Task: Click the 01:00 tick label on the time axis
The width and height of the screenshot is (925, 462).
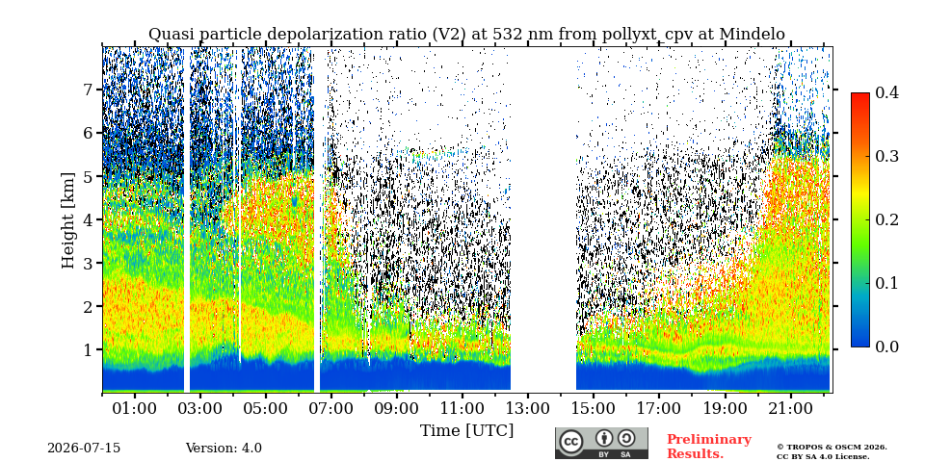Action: pyautogui.click(x=135, y=408)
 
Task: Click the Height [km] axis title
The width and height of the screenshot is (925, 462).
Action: pyautogui.click(x=68, y=220)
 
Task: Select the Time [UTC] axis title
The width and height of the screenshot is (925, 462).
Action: pyautogui.click(x=466, y=431)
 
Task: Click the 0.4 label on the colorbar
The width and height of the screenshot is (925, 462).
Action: pyautogui.click(x=886, y=92)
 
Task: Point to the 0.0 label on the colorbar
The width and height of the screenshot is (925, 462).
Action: pyautogui.click(x=886, y=346)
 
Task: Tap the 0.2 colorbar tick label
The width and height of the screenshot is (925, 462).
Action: pyautogui.click(x=886, y=219)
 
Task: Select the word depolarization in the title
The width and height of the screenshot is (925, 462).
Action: pyautogui.click(x=314, y=35)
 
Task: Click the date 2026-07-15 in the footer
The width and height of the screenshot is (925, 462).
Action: pyautogui.click(x=84, y=449)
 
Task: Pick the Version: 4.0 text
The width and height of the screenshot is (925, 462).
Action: pyautogui.click(x=224, y=449)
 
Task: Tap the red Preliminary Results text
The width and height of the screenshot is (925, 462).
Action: pyautogui.click(x=709, y=447)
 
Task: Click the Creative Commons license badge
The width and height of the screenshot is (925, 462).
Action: pyautogui.click(x=601, y=443)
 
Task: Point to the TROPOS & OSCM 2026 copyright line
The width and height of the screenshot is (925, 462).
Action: pyautogui.click(x=832, y=448)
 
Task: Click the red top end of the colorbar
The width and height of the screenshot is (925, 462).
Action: pyautogui.click(x=860, y=94)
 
